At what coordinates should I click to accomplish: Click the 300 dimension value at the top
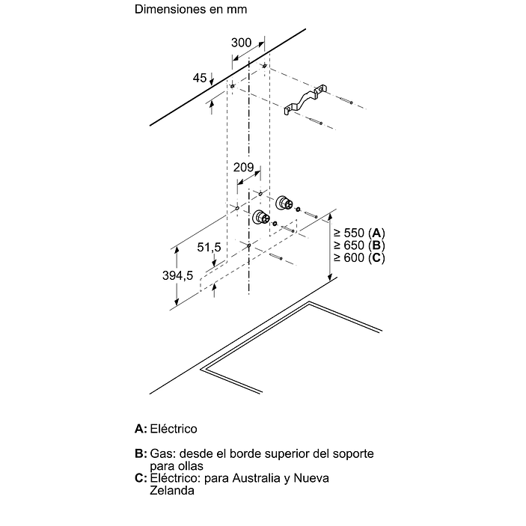pos(241,43)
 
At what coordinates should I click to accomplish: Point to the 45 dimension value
pos(199,78)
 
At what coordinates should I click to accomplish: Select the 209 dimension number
pos(244,168)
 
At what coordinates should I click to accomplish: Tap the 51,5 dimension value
pos(209,247)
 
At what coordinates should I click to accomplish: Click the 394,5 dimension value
pos(179,275)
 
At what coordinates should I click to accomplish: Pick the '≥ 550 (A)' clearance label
pos(358,232)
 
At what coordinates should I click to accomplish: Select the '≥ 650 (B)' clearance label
pos(358,245)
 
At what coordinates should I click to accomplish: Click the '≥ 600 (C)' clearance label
pos(358,257)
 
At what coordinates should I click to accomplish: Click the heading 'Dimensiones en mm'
pos(191,10)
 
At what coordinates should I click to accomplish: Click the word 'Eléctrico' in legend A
pos(174,429)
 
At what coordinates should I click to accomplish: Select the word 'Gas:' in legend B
pos(161,454)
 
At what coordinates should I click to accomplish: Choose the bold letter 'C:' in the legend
pos(141,478)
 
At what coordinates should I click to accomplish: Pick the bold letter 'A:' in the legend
pos(141,429)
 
